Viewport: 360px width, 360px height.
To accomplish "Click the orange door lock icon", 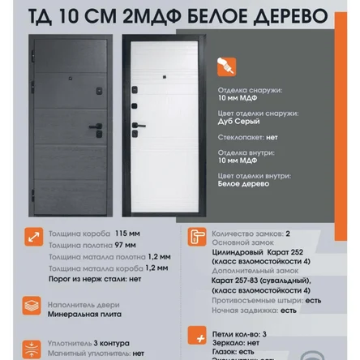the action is (x=196, y=238).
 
